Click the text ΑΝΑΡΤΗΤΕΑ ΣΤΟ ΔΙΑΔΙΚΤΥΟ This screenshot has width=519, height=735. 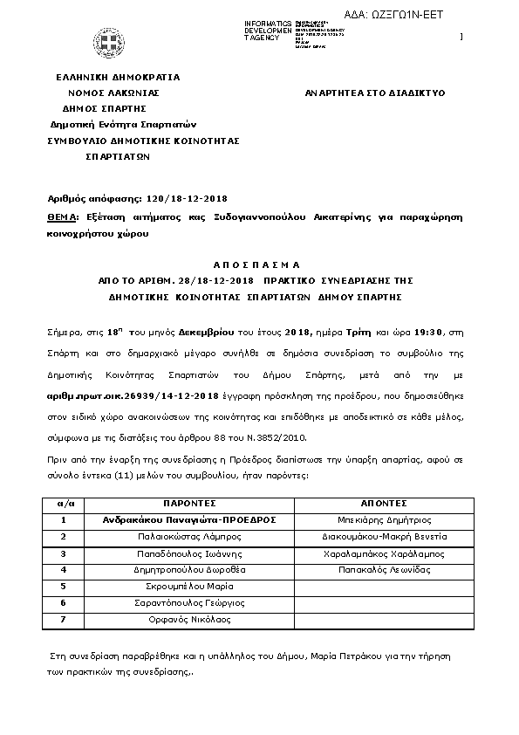376,92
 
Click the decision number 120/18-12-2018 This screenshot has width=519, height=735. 163,198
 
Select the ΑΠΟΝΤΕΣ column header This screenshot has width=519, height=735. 384,504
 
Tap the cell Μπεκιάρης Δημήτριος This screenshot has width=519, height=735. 384,519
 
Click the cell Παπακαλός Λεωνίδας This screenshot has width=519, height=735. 384,569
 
